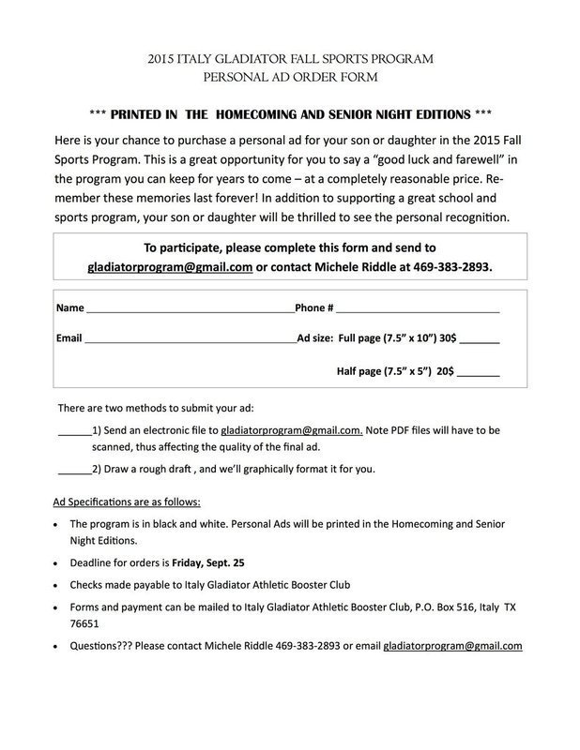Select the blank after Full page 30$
coord(480,341)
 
